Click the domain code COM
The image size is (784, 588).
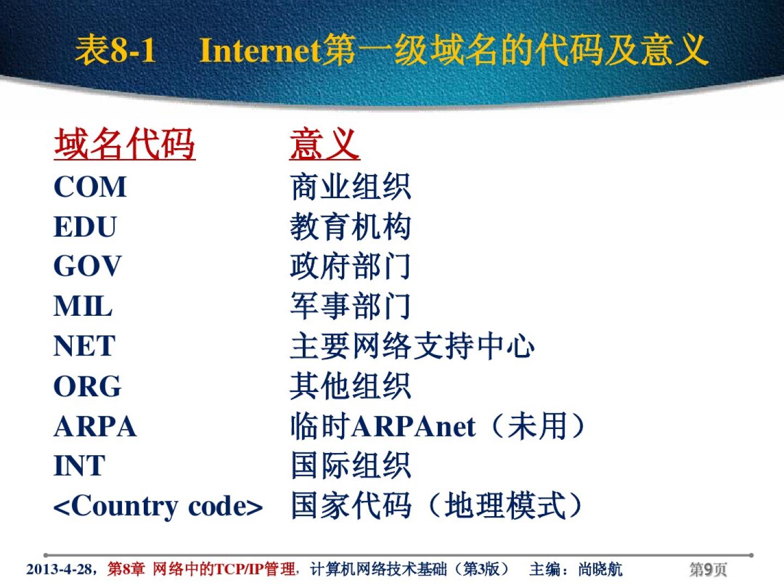[x=90, y=187]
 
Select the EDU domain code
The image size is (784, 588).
[x=85, y=226]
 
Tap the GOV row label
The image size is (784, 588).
[x=88, y=266]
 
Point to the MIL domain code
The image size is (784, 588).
[x=83, y=306]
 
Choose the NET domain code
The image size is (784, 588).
[x=84, y=346]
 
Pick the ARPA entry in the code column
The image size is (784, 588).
[x=95, y=426]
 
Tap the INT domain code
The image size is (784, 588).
[x=79, y=465]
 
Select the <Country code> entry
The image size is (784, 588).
[x=158, y=506]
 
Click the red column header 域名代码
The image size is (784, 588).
[x=125, y=144]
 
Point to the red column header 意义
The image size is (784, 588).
[x=324, y=144]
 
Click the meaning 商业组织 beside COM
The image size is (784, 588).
[x=351, y=187]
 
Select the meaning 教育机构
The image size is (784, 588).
[x=351, y=226]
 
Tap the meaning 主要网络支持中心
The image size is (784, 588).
[x=412, y=346]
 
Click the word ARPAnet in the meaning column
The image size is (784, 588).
[x=414, y=426]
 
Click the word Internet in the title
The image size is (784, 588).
[x=260, y=51]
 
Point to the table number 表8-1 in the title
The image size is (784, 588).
[x=115, y=51]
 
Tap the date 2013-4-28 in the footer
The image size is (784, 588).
[x=59, y=569]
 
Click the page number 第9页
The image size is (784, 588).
[x=708, y=569]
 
